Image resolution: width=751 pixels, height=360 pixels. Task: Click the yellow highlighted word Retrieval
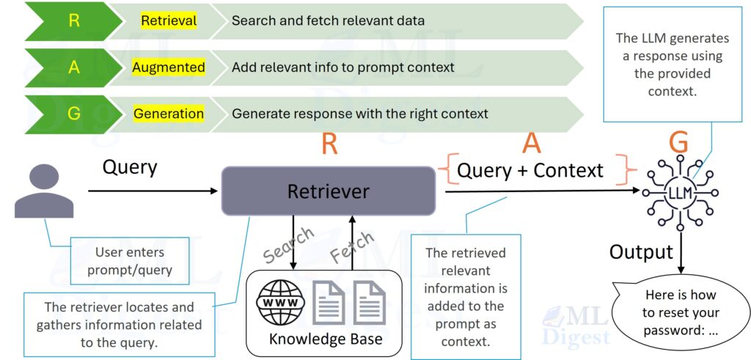coord(169,21)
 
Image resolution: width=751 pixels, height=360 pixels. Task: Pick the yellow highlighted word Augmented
coord(169,67)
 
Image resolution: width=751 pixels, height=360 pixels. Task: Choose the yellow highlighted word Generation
coord(169,114)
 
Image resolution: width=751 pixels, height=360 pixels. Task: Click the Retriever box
coord(328,191)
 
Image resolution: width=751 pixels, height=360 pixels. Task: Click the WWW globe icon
coord(279,304)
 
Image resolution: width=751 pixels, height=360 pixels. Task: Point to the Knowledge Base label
coord(325,339)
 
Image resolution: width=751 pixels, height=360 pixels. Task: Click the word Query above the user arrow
coord(130,167)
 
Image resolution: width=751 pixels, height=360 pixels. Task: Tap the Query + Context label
coord(530,170)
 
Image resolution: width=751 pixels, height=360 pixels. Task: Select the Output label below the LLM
coord(641,252)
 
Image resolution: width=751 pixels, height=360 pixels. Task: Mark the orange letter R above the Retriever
coord(329,144)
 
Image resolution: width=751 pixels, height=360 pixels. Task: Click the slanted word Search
coord(288,246)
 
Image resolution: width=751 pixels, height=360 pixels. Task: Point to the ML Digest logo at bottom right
coord(576,326)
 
